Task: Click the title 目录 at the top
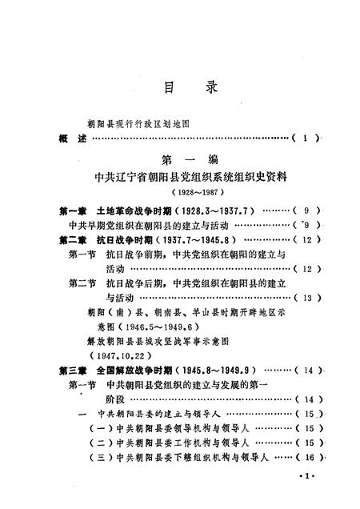pos(180,86)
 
